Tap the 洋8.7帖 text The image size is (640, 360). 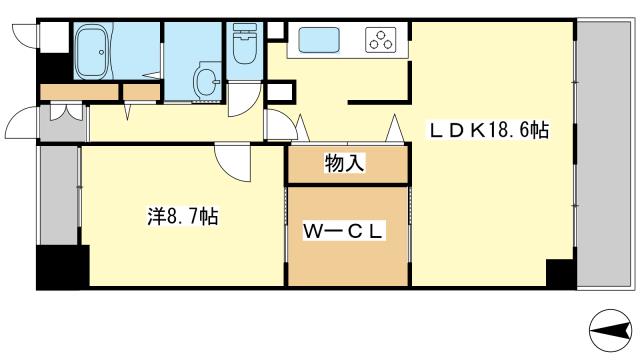click(182, 216)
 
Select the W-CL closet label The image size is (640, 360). click(346, 232)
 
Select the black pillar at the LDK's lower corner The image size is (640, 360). click(560, 273)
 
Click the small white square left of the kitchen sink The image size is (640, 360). click(276, 31)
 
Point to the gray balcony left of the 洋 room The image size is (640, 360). click(57, 194)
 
